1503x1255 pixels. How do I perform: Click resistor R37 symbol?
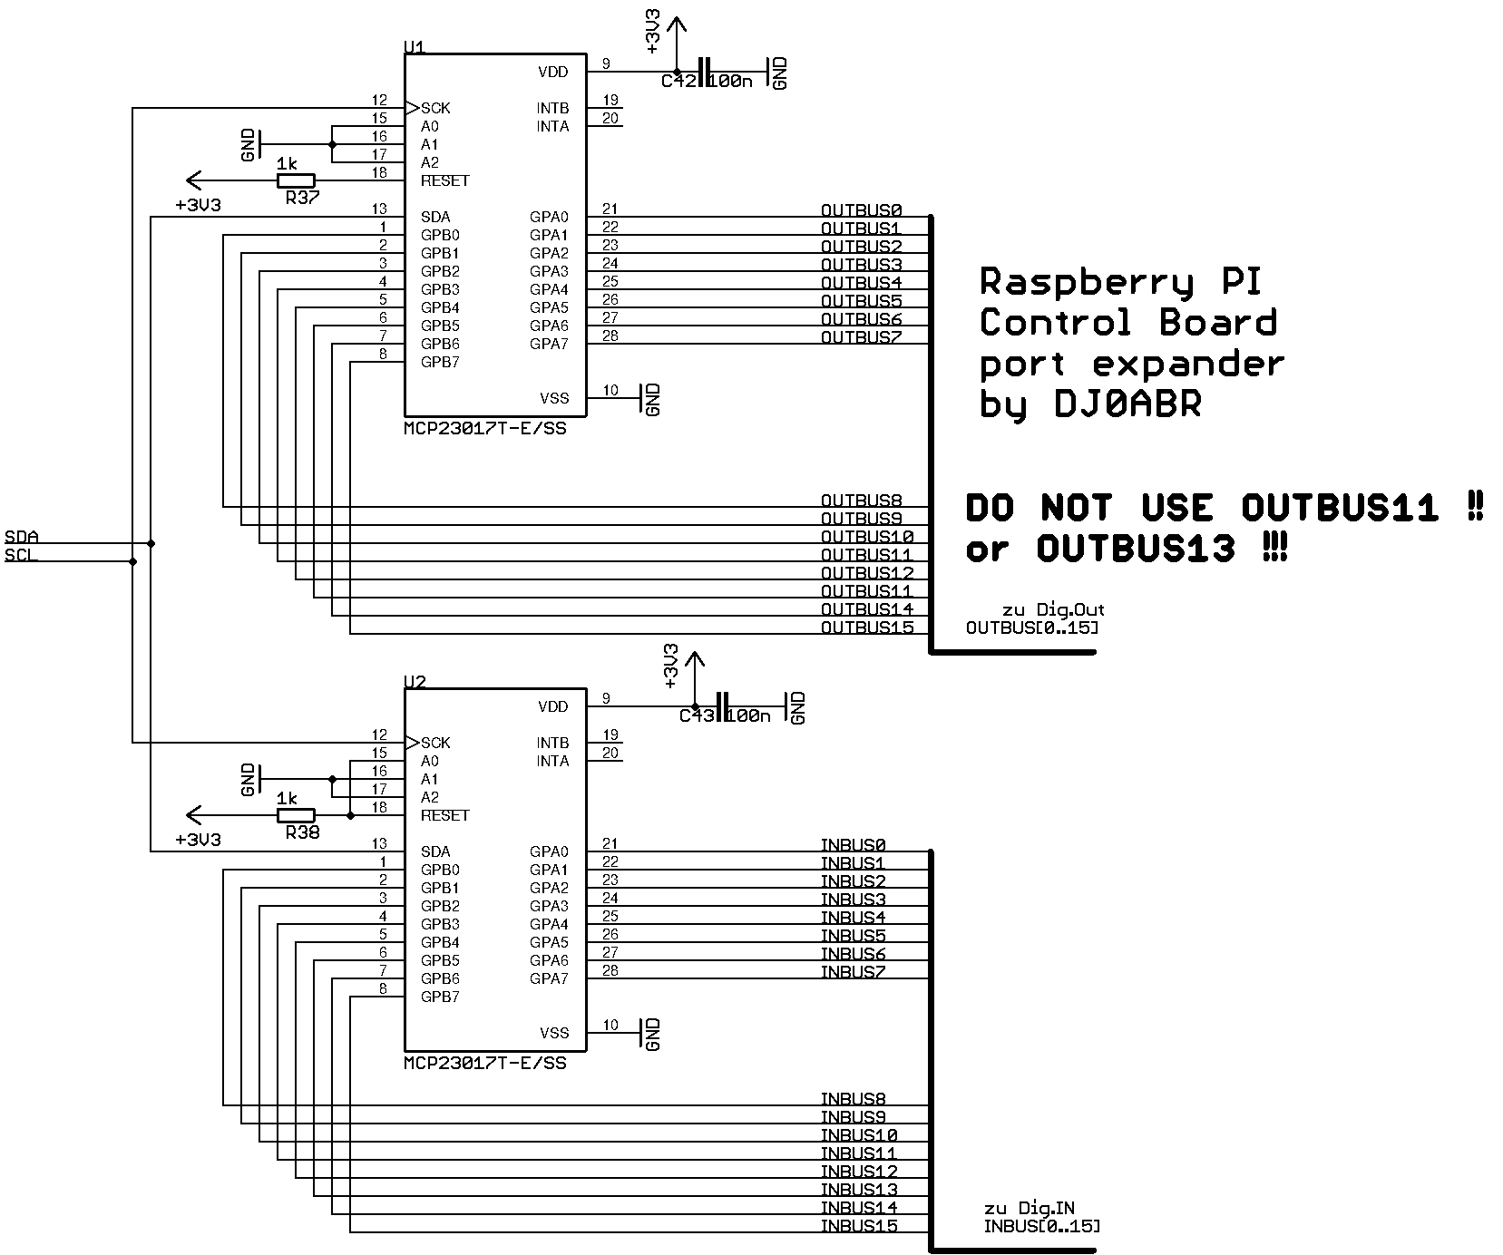coord(296,180)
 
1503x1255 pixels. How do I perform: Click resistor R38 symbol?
coord(296,815)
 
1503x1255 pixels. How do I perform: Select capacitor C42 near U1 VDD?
coord(704,73)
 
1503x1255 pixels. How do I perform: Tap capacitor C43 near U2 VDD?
coord(722,707)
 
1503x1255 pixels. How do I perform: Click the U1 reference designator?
coord(414,46)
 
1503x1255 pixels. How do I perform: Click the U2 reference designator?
coord(414,681)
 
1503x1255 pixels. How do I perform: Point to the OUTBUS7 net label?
coord(861,337)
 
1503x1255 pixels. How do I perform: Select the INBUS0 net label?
coord(853,845)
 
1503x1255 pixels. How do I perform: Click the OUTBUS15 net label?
coord(866,627)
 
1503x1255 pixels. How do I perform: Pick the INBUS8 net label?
coord(853,1099)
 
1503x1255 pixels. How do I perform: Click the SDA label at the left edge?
coord(21,537)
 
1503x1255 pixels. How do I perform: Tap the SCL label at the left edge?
coord(21,555)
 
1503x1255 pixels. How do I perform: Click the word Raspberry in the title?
coord(1086,284)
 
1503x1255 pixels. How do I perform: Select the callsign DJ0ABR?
coord(1127,404)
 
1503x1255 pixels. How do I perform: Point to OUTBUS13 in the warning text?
coord(1136,549)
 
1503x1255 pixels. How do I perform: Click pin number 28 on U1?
coord(610,336)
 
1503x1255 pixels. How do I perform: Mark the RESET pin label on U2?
coord(444,815)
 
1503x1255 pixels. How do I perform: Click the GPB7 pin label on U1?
coord(440,362)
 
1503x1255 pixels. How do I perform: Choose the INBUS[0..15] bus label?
coord(1041,1227)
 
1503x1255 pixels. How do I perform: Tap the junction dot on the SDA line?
coord(151,544)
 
